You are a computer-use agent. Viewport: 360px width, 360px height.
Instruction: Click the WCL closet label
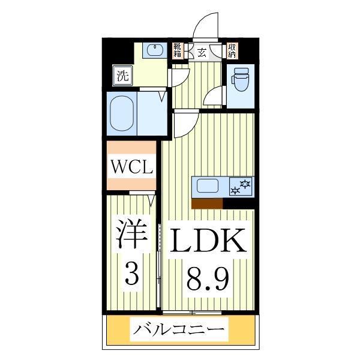(x=131, y=166)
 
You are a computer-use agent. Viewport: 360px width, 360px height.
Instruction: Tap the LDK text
(x=208, y=241)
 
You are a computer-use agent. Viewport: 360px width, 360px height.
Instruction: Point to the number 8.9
(x=208, y=279)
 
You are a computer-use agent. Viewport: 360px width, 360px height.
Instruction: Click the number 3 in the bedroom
(x=131, y=275)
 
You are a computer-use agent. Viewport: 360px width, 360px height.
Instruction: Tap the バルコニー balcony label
(x=180, y=330)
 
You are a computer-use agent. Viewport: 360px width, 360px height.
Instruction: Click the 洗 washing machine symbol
(x=122, y=76)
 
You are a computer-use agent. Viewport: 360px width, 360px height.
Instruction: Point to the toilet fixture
(x=241, y=80)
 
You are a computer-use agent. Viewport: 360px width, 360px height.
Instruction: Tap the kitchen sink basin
(x=207, y=186)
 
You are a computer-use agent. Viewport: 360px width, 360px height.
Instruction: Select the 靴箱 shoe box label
(x=178, y=50)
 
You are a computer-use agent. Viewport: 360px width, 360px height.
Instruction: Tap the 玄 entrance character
(x=202, y=52)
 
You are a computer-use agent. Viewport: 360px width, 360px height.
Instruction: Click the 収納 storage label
(x=232, y=50)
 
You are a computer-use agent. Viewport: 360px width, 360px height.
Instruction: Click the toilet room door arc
(x=215, y=96)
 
